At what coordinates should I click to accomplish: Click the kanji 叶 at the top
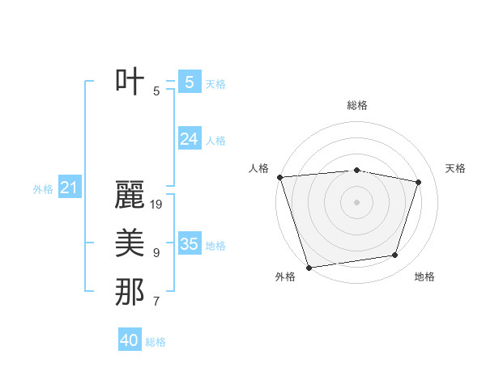pyautogui.click(x=130, y=82)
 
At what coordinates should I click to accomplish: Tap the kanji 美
pyautogui.click(x=130, y=243)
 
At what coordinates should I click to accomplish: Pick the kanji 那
pyautogui.click(x=130, y=292)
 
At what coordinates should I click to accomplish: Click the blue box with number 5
pyautogui.click(x=189, y=82)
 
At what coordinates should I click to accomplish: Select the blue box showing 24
pyautogui.click(x=189, y=139)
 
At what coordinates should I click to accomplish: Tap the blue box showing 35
pyautogui.click(x=189, y=244)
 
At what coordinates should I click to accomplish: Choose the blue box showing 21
pyautogui.click(x=69, y=188)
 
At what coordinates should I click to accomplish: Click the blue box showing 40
pyautogui.click(x=130, y=340)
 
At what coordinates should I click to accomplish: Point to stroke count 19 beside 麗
pyautogui.click(x=157, y=205)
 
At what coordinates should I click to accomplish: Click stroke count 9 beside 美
pyautogui.click(x=156, y=253)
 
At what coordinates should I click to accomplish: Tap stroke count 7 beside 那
pyautogui.click(x=156, y=302)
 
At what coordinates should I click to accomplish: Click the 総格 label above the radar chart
pyautogui.click(x=356, y=105)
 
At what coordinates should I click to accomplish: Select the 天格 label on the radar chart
pyautogui.click(x=456, y=168)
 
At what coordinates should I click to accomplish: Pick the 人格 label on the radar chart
pyautogui.click(x=258, y=168)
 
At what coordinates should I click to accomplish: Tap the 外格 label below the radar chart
pyautogui.click(x=285, y=277)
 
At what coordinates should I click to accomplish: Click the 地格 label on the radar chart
pyautogui.click(x=424, y=277)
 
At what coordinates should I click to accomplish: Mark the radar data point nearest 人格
pyautogui.click(x=279, y=177)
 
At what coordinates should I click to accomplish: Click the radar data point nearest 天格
pyautogui.click(x=418, y=182)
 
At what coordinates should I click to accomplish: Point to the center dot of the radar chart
pyautogui.click(x=356, y=201)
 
